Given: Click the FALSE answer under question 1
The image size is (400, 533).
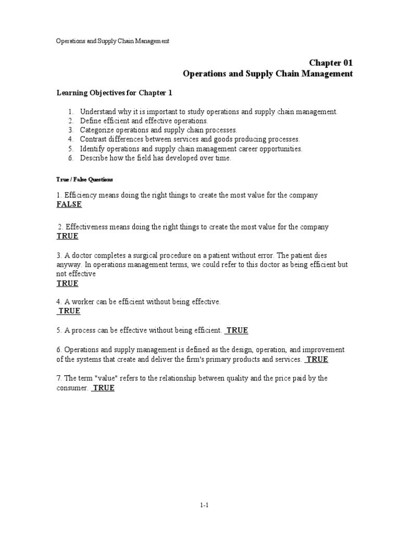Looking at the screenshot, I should [x=69, y=205].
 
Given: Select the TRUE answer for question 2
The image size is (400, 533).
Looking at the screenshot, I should [x=67, y=236].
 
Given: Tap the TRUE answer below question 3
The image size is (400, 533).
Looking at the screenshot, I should [x=67, y=284].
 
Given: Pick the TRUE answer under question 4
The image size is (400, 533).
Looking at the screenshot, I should [x=69, y=311].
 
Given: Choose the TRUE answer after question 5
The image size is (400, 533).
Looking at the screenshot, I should [x=237, y=331].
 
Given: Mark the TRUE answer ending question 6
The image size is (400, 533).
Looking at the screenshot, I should [x=317, y=360].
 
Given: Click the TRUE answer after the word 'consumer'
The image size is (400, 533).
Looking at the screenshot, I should [x=103, y=388].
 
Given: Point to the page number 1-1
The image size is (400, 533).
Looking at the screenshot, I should [x=203, y=505].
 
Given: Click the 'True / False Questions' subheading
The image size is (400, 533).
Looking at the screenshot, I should [x=84, y=179].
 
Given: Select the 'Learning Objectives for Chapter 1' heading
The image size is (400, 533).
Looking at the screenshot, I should [x=114, y=93].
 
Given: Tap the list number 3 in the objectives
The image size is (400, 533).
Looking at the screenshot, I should [x=71, y=130].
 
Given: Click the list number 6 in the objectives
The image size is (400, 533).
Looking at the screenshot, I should [x=71, y=158].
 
